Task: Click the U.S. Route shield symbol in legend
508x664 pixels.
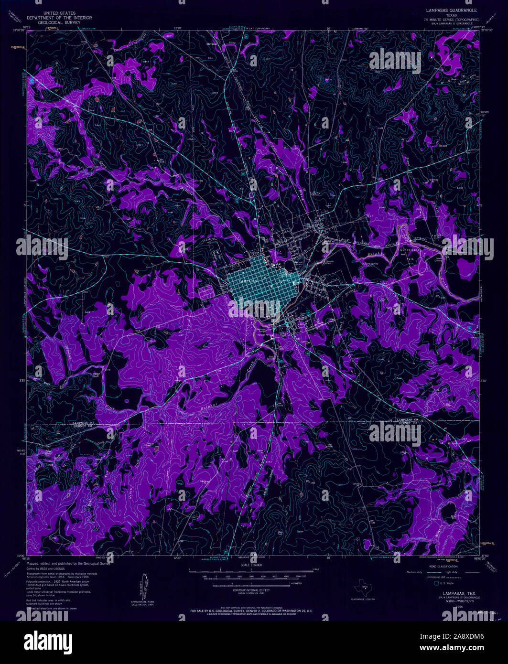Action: click(436, 583)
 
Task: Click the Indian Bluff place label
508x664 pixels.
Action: click(97, 375)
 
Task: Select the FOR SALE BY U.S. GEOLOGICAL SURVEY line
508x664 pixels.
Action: click(251, 611)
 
